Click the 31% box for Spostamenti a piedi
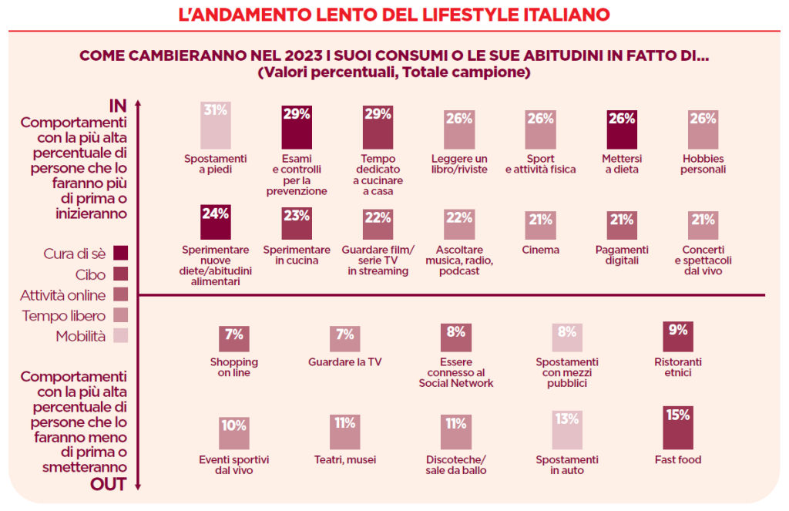[x=216, y=125]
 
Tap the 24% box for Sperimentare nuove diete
[x=216, y=223]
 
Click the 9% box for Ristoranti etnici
[x=678, y=337]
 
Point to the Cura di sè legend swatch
[x=119, y=253]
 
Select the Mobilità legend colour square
[x=119, y=335]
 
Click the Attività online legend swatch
[x=119, y=294]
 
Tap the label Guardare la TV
[x=344, y=361]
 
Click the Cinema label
[x=540, y=250]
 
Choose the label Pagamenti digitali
[x=623, y=255]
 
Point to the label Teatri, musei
[x=344, y=460]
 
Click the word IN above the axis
[x=117, y=105]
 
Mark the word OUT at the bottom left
[x=109, y=484]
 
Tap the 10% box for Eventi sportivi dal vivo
[x=234, y=433]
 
